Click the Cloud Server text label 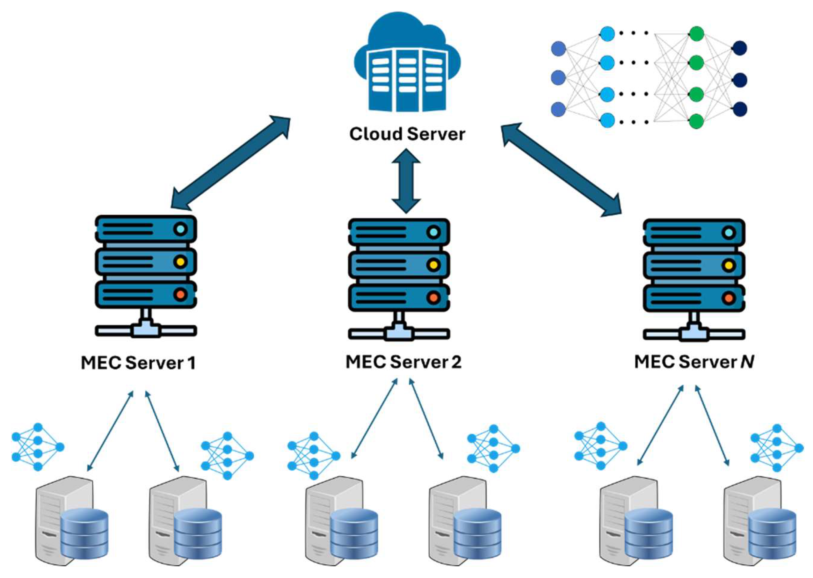pos(407,134)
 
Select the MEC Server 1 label pos(138,363)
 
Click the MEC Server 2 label pos(403,362)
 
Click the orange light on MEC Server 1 pos(180,295)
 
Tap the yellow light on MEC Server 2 pos(433,265)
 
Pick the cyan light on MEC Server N pos(729,233)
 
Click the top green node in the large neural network pos(696,34)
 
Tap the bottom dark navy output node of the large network pos(740,109)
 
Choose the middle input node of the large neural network pos(558,78)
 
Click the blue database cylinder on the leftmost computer pos(84,534)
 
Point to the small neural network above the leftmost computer pos(37,447)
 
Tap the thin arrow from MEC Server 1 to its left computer pos(110,431)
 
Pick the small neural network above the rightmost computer pos(776,448)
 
